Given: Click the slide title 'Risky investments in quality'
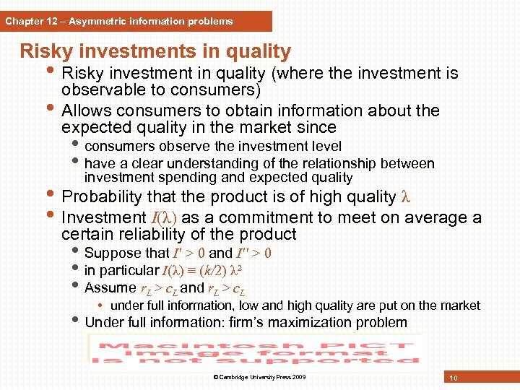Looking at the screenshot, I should point(155,52).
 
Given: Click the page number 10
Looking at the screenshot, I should point(453,378).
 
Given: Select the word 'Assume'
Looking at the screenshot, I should point(110,288).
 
